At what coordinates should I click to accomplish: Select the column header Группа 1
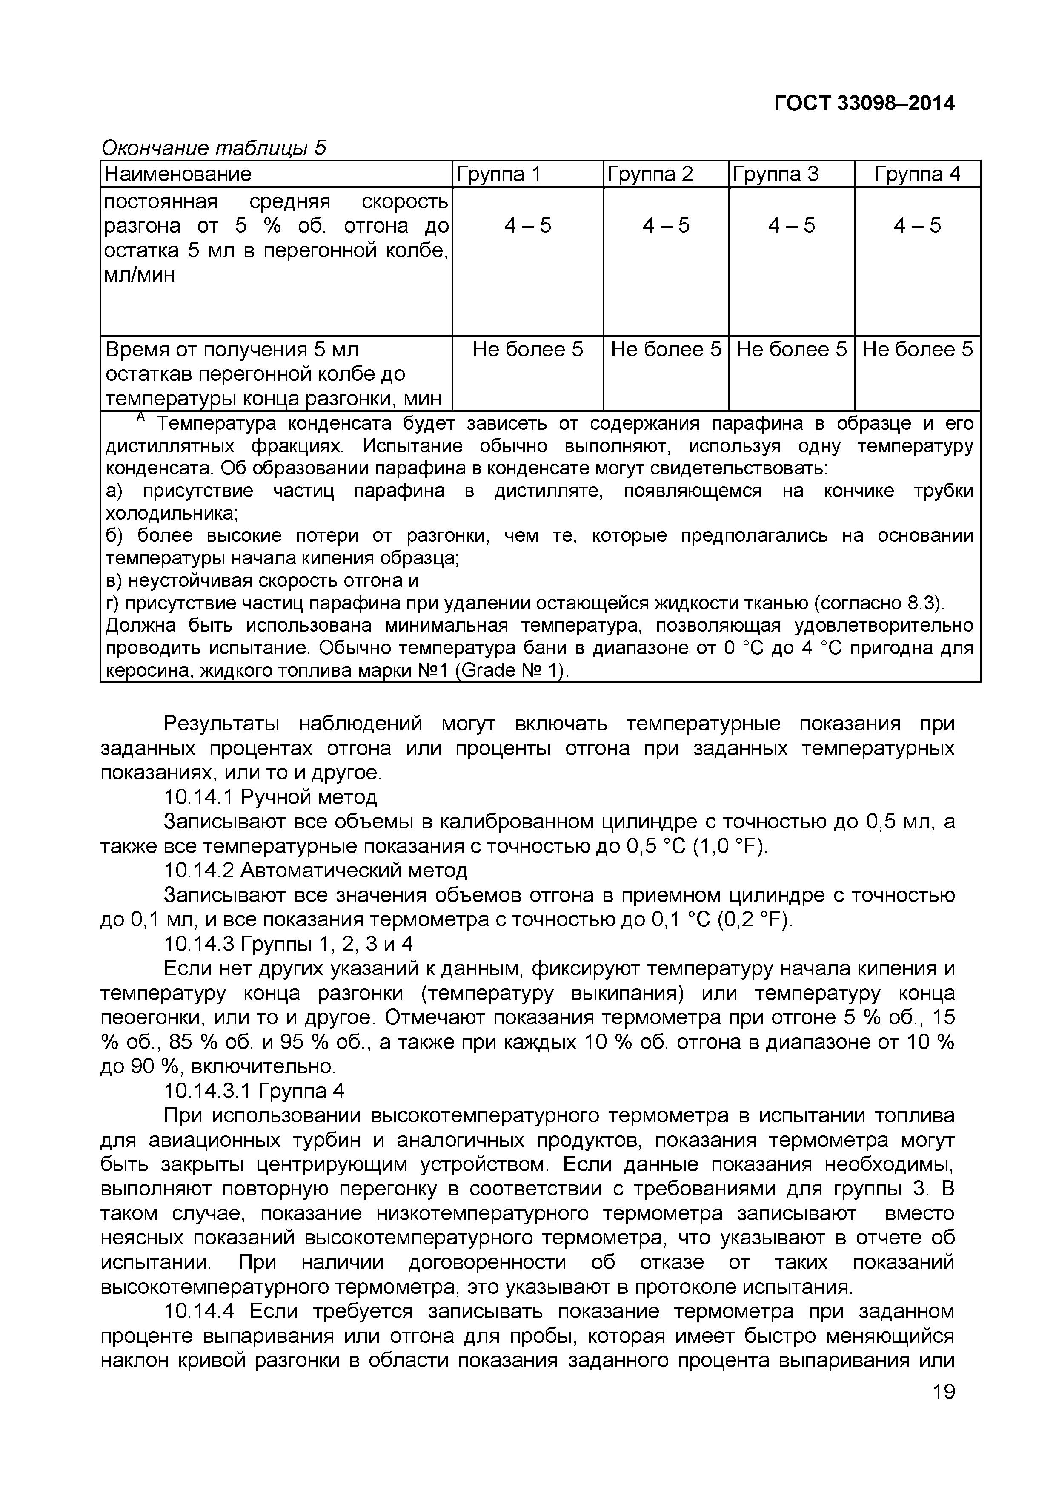click(x=499, y=174)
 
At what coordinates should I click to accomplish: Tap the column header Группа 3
click(x=776, y=174)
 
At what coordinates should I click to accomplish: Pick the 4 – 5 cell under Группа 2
click(x=666, y=226)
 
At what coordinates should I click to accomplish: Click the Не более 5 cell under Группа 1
click(x=528, y=350)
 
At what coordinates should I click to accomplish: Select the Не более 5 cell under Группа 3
click(x=791, y=350)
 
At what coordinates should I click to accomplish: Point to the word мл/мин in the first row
click(x=140, y=275)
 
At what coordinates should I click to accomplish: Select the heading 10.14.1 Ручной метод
click(x=271, y=797)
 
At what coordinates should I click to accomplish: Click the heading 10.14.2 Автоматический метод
click(x=315, y=871)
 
